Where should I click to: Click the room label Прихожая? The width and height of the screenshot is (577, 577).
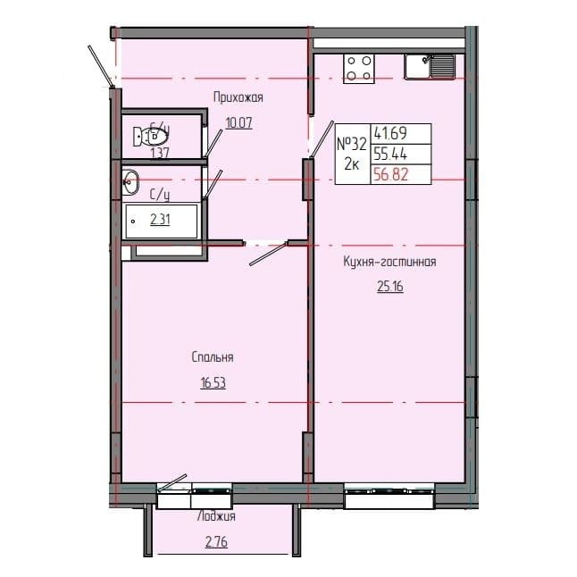pyautogui.click(x=238, y=97)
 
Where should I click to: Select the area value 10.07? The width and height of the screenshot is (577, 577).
pyautogui.click(x=238, y=123)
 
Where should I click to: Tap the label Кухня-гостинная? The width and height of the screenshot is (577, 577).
pyautogui.click(x=389, y=262)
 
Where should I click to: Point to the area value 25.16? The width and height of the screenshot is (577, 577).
pyautogui.click(x=389, y=287)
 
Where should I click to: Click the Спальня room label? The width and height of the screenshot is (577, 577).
pyautogui.click(x=212, y=357)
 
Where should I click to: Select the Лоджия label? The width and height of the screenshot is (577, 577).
pyautogui.click(x=216, y=517)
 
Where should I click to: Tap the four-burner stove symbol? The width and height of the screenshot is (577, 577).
pyautogui.click(x=359, y=67)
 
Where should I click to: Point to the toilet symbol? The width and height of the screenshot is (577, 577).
pyautogui.click(x=152, y=137)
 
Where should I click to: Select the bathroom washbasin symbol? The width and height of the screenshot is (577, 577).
pyautogui.click(x=130, y=182)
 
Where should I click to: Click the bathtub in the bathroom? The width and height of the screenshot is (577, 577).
pyautogui.click(x=162, y=218)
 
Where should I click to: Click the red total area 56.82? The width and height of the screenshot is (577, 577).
pyautogui.click(x=389, y=174)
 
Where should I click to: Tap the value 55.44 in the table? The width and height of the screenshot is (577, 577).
pyautogui.click(x=389, y=154)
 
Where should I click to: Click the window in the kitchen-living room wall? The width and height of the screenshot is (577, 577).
pyautogui.click(x=390, y=490)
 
